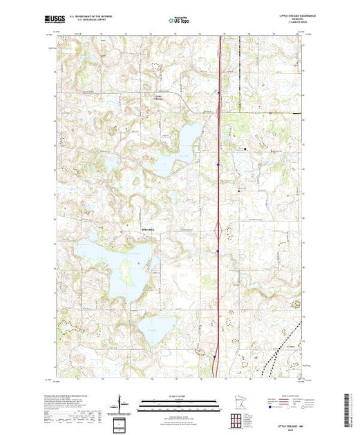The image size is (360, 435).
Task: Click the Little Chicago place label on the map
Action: coord(160,97)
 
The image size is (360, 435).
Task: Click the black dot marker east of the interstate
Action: coord(244,147)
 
